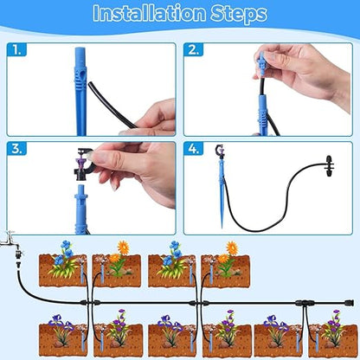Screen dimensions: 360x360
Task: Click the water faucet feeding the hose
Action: [9, 237]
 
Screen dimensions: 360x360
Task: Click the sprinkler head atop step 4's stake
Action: [220, 154]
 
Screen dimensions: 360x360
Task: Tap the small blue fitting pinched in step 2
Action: [260, 64]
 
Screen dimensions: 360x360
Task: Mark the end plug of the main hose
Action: [349, 302]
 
